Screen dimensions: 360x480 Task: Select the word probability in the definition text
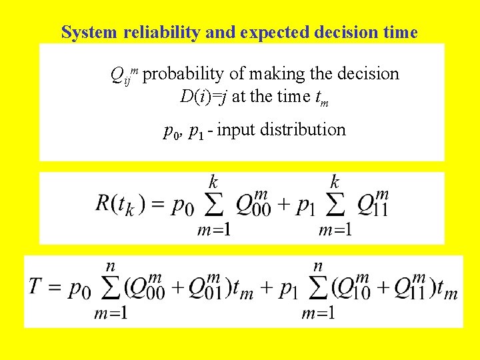click(x=184, y=74)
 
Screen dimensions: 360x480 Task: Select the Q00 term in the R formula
click(x=253, y=204)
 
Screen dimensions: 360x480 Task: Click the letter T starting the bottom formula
click(x=37, y=288)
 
